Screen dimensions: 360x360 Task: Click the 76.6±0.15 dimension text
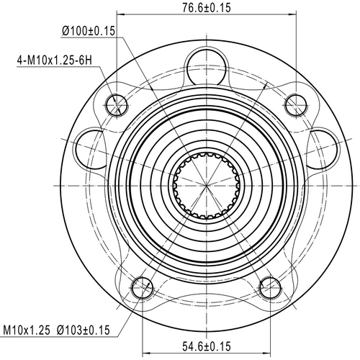point(206,8)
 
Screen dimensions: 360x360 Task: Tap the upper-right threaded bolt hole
point(295,105)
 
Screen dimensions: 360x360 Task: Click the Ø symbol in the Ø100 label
point(66,31)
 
